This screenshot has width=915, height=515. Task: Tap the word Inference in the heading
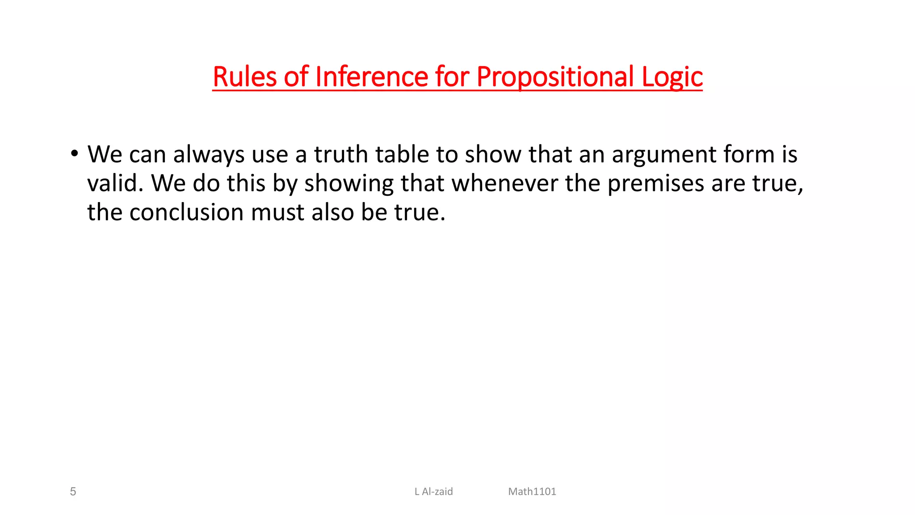tap(372, 76)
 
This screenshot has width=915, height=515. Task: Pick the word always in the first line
tap(208, 155)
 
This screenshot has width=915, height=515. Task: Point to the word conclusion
tap(186, 212)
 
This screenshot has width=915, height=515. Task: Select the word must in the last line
tap(277, 212)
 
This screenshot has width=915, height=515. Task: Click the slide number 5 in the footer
tap(73, 492)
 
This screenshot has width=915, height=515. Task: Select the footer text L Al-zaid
tap(433, 492)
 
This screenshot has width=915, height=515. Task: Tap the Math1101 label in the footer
tap(532, 492)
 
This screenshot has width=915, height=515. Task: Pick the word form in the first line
tap(748, 155)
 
